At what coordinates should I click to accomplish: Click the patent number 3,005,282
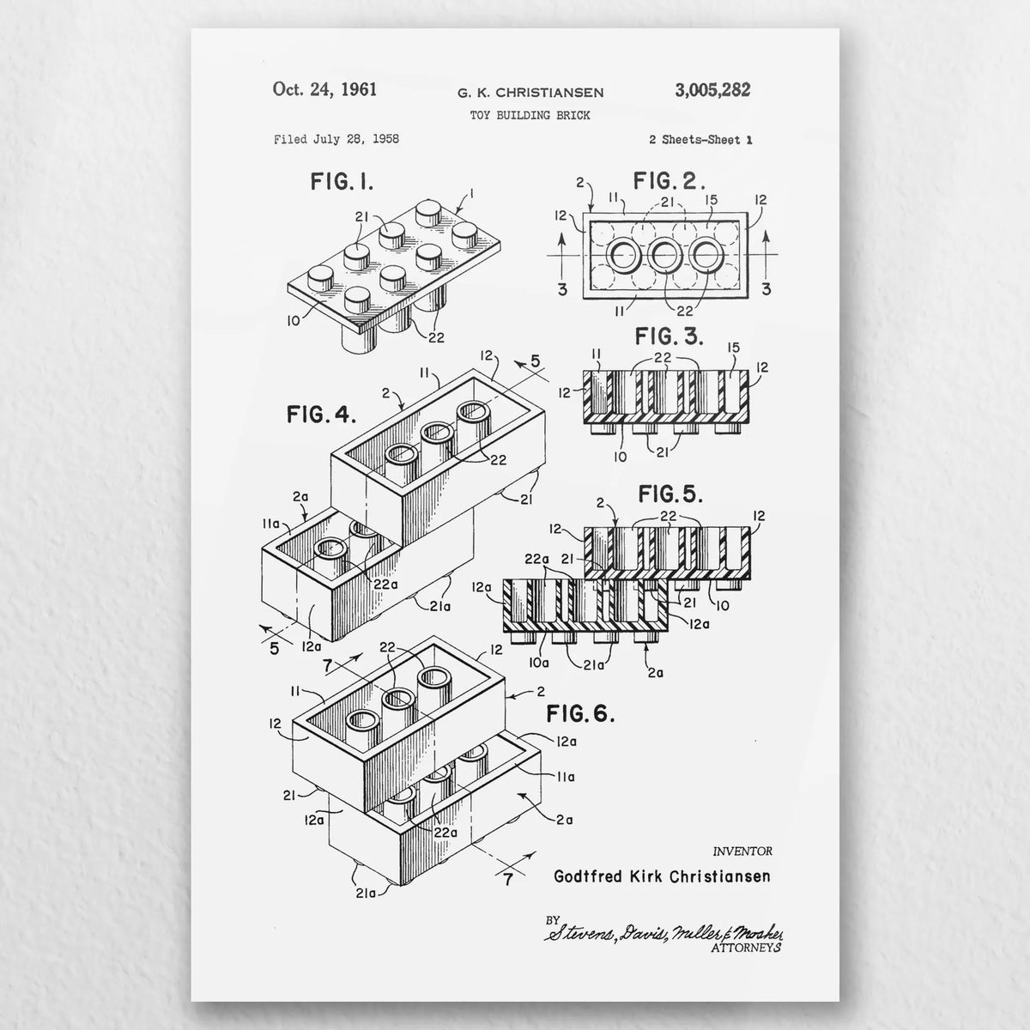tap(712, 90)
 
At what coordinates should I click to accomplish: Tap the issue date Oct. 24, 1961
tap(324, 89)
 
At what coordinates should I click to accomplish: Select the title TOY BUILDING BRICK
tap(530, 116)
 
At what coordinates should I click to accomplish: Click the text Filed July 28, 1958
tap(336, 140)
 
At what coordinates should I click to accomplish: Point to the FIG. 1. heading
tap(342, 182)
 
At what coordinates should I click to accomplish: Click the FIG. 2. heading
tap(669, 180)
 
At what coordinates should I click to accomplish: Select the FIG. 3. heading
tap(669, 336)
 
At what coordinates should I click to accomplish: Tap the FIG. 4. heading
tap(321, 415)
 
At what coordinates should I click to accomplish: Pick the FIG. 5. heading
tap(670, 494)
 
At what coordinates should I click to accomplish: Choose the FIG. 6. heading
tap(580, 713)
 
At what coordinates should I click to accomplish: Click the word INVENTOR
tap(742, 851)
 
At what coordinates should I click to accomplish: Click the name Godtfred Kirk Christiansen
tap(662, 876)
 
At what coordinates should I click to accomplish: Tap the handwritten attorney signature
tap(663, 933)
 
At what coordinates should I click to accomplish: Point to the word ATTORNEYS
tap(746, 948)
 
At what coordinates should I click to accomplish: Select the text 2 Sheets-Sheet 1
tap(700, 140)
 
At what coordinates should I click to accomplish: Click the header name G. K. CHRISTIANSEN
tap(530, 93)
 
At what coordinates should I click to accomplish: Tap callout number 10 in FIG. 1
tap(294, 321)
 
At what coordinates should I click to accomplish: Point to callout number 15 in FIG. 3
tap(733, 348)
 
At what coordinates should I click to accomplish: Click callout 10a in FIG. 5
tap(539, 663)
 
